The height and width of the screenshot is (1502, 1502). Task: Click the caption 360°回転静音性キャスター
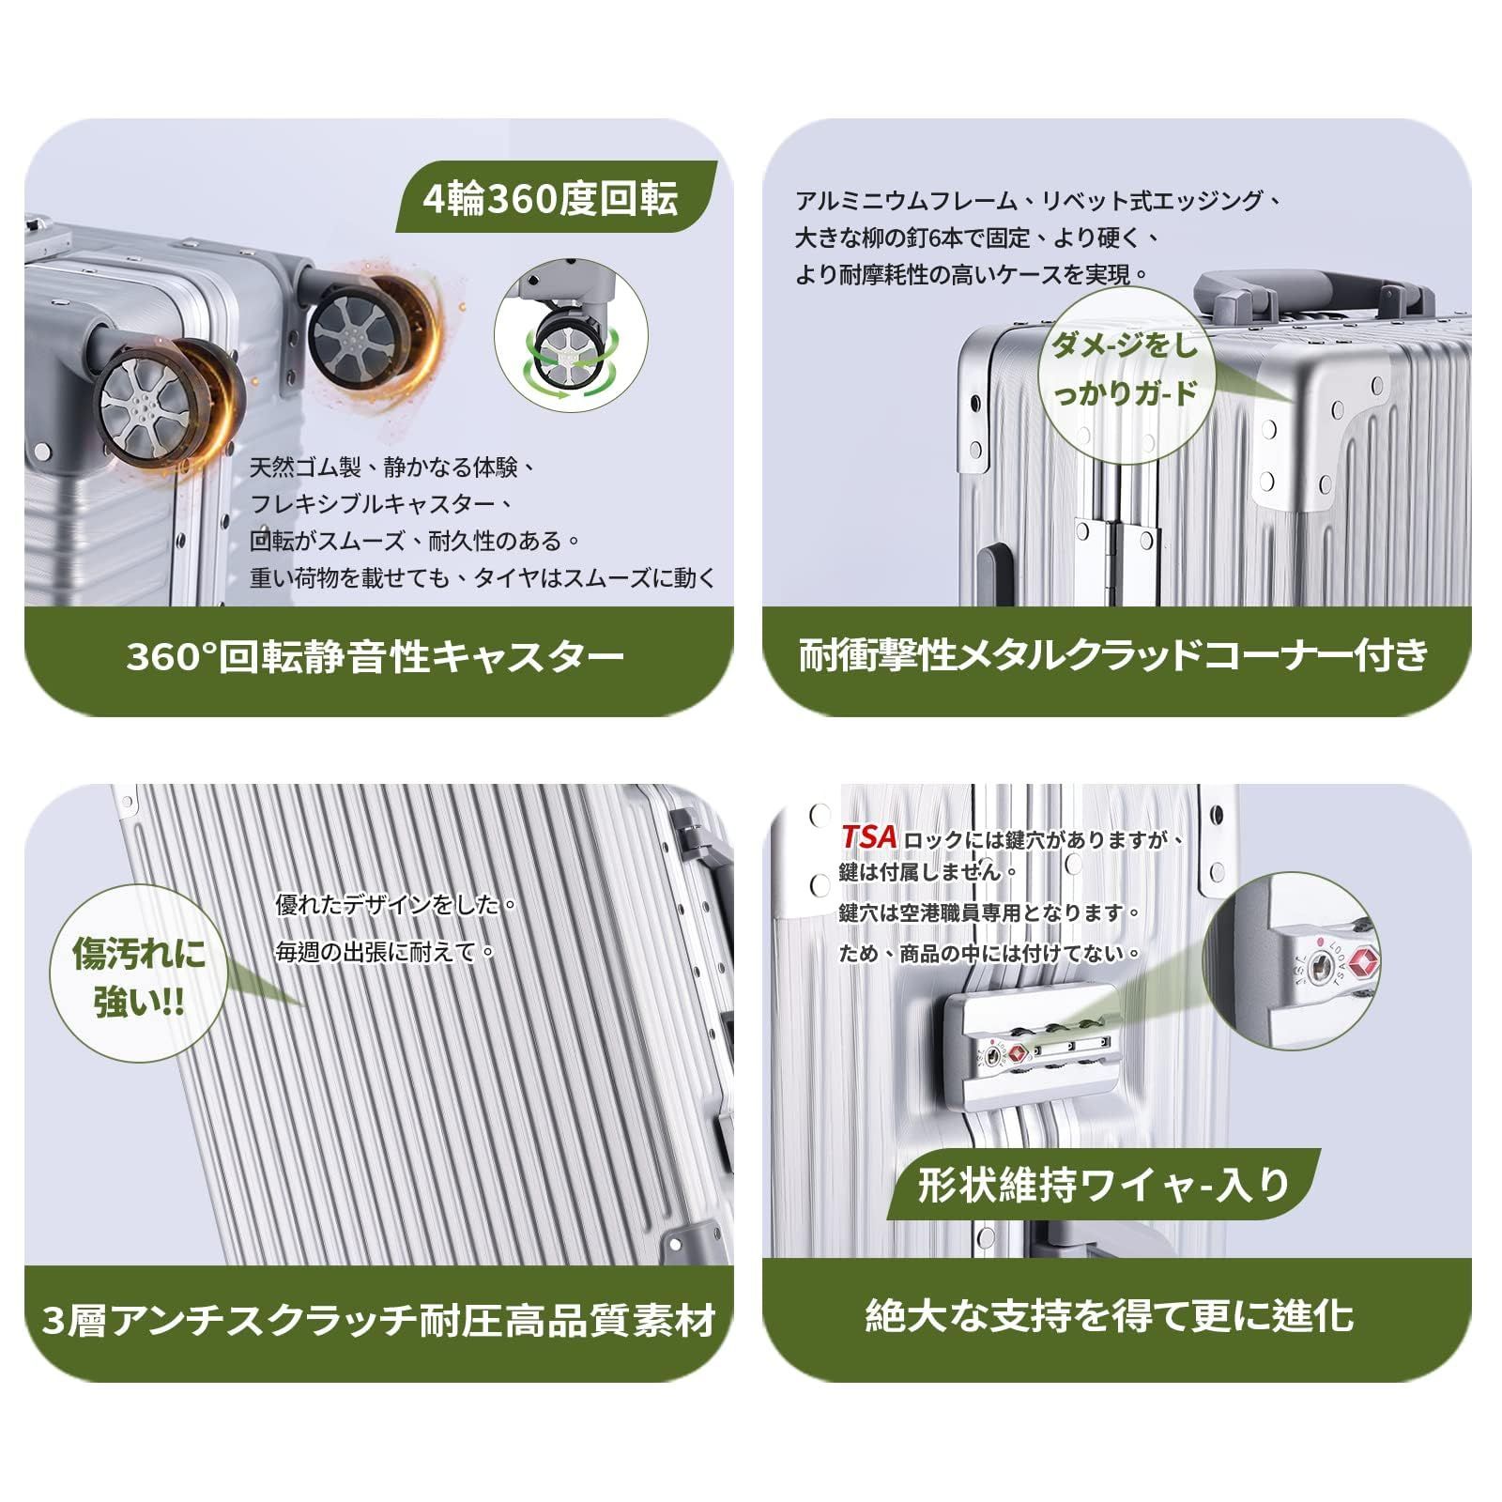pyautogui.click(x=375, y=656)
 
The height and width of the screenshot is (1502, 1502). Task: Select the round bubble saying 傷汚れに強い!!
pyautogui.click(x=139, y=978)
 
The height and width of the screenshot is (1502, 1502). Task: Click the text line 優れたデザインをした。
pyautogui.click(x=396, y=906)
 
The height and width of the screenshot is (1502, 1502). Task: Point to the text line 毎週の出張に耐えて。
pyautogui.click(x=385, y=952)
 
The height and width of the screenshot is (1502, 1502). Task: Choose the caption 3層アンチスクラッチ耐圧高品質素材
pyautogui.click(x=379, y=1321)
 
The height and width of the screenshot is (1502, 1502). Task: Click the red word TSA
pyautogui.click(x=869, y=836)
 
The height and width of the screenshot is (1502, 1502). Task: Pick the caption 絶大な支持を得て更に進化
pyautogui.click(x=1109, y=1315)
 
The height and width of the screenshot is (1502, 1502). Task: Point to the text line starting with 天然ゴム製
pyautogui.click(x=392, y=467)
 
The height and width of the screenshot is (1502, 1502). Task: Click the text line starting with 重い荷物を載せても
pyautogui.click(x=483, y=577)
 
